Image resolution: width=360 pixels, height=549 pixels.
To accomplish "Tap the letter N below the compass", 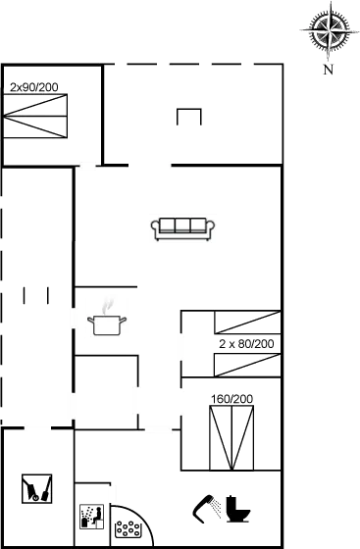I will point(328,70).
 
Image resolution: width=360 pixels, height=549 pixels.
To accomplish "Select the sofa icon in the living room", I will point(181,227).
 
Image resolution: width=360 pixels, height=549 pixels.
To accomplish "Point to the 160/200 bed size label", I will point(231,399).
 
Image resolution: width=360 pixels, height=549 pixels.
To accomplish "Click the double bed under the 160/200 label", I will point(231,439).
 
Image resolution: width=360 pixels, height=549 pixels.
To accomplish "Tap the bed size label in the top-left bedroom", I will point(34,87).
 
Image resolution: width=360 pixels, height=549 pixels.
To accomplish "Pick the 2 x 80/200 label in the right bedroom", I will point(245,344).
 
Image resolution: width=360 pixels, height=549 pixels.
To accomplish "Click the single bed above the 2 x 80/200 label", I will point(245,324).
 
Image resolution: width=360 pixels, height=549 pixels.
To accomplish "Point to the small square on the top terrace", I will point(188,117).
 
